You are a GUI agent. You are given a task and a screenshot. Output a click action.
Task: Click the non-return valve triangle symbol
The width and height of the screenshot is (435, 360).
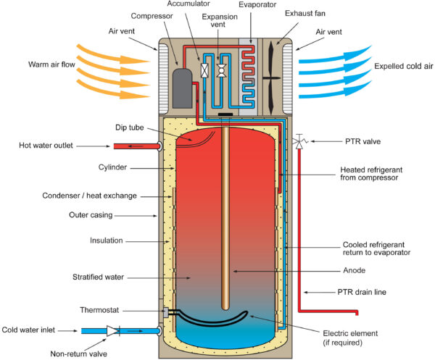(112, 330)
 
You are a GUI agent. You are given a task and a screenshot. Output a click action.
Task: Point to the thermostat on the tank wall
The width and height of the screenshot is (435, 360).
(166, 312)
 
